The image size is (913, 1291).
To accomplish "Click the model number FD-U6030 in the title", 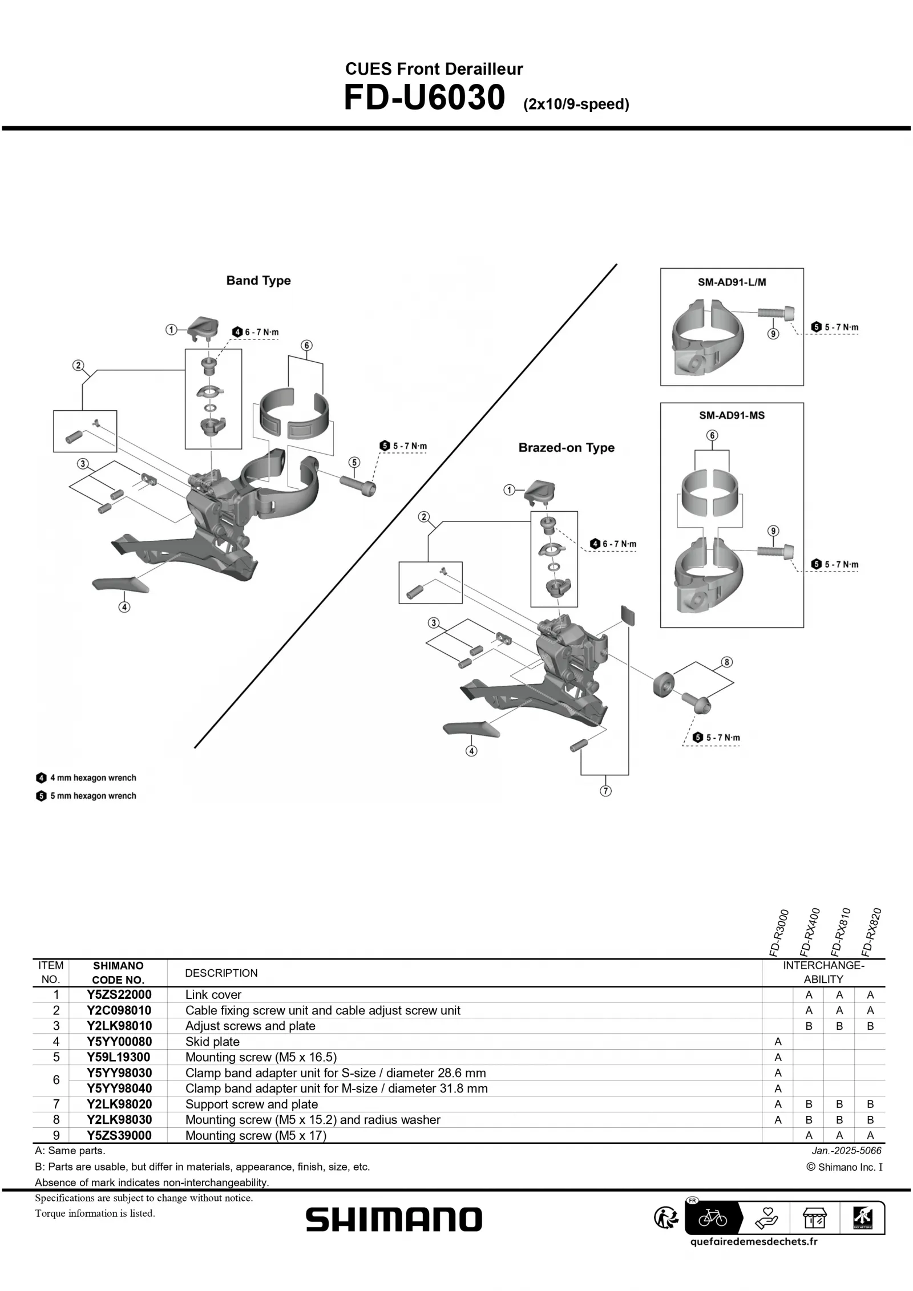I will pos(424,98).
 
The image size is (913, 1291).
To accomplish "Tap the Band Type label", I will pos(258,281).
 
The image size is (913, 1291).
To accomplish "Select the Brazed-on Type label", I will pos(566,448).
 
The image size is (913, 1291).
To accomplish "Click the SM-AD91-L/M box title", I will pos(732,282).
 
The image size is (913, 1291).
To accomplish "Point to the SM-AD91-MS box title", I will pos(732,416).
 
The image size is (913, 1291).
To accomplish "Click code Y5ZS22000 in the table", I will pos(119,995).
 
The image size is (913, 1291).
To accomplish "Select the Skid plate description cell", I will pos(212,1042).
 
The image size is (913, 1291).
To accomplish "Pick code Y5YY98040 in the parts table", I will pos(119,1088).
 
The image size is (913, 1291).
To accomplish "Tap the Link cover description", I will pos(213,995).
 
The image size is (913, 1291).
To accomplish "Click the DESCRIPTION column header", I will pos(221,973).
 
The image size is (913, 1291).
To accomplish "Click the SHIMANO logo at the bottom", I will pos(394,1220).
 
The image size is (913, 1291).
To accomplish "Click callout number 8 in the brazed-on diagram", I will pos(726,662).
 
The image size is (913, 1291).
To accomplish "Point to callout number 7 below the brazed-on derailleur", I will pos(605,791).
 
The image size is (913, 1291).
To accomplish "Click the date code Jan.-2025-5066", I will pos(846,1151).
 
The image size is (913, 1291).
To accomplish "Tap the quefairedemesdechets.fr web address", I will pos(753,1241).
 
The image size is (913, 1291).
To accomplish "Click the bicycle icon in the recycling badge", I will pos(713,1219).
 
